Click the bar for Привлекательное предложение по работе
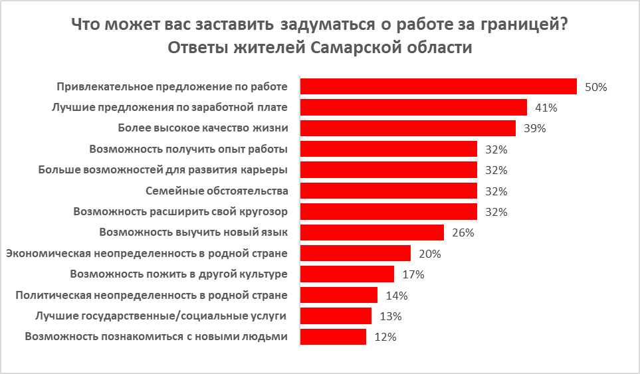(x=438, y=87)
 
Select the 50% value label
(x=595, y=87)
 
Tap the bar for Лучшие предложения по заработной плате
(x=413, y=108)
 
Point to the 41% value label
(x=546, y=108)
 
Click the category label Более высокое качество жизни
(x=203, y=128)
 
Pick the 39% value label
(x=534, y=128)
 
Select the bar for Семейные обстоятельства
(x=389, y=191)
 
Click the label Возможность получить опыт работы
(x=189, y=149)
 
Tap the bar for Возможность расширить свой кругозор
(x=389, y=212)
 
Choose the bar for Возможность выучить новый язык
(x=372, y=233)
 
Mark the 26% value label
(x=462, y=233)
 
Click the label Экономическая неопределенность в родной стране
(x=146, y=253)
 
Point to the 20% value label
(x=429, y=254)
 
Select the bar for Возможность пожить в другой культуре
(x=348, y=274)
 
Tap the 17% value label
(x=413, y=274)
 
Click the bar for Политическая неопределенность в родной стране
(x=339, y=295)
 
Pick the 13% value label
(x=390, y=316)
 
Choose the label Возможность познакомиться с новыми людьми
(x=156, y=336)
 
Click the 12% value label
(x=385, y=337)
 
